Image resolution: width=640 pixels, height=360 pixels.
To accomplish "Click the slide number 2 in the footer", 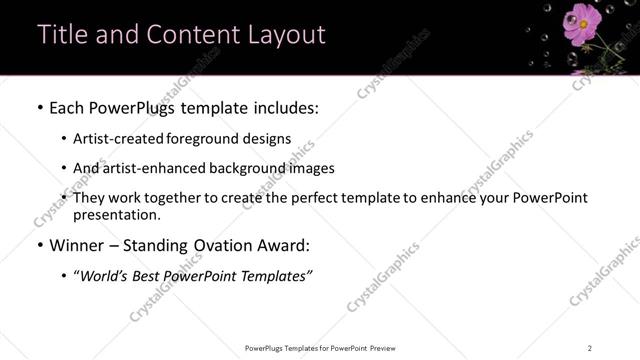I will pyautogui.click(x=590, y=348).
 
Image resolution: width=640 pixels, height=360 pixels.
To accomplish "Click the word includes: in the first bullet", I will pyautogui.click(x=285, y=106).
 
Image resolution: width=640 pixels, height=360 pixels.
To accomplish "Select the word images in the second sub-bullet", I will pyautogui.click(x=311, y=168).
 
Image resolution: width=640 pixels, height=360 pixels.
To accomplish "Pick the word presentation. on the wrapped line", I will pyautogui.click(x=115, y=214).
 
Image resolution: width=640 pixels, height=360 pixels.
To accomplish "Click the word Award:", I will pyautogui.click(x=283, y=245).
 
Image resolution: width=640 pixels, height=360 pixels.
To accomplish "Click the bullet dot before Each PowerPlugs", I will pyautogui.click(x=39, y=107).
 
